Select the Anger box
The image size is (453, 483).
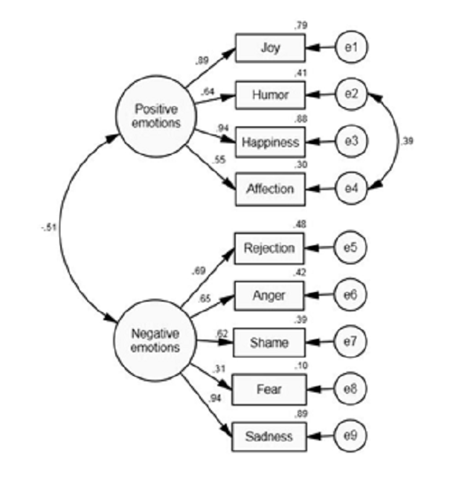point(269,296)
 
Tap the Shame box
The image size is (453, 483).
point(269,343)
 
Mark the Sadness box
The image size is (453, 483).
point(269,435)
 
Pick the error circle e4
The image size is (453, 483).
point(353,189)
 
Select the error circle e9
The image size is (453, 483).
point(353,435)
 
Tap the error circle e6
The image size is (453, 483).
point(353,296)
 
